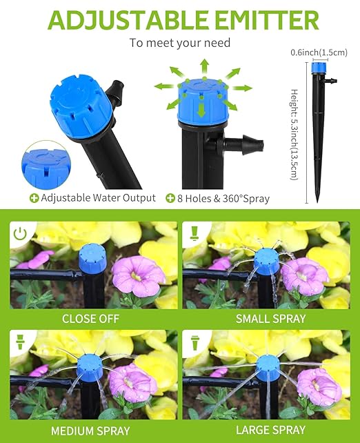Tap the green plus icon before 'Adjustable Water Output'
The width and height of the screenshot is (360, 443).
tap(34, 198)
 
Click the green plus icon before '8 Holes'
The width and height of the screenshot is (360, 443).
tap(170, 198)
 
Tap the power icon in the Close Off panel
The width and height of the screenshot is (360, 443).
tap(21, 234)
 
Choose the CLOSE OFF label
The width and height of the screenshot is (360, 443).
tap(90, 319)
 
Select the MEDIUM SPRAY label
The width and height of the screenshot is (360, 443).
tap(90, 431)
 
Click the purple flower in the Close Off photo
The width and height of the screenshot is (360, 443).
tap(138, 275)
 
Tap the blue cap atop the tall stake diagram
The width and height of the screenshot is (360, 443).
tap(319, 68)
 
